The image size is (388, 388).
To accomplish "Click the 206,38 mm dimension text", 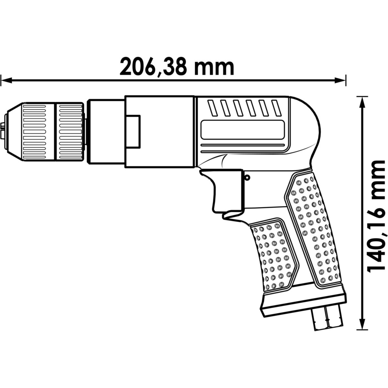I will click(177, 67).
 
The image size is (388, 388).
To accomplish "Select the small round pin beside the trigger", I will click(247, 177).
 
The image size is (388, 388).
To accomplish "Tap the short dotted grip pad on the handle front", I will click(273, 255).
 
